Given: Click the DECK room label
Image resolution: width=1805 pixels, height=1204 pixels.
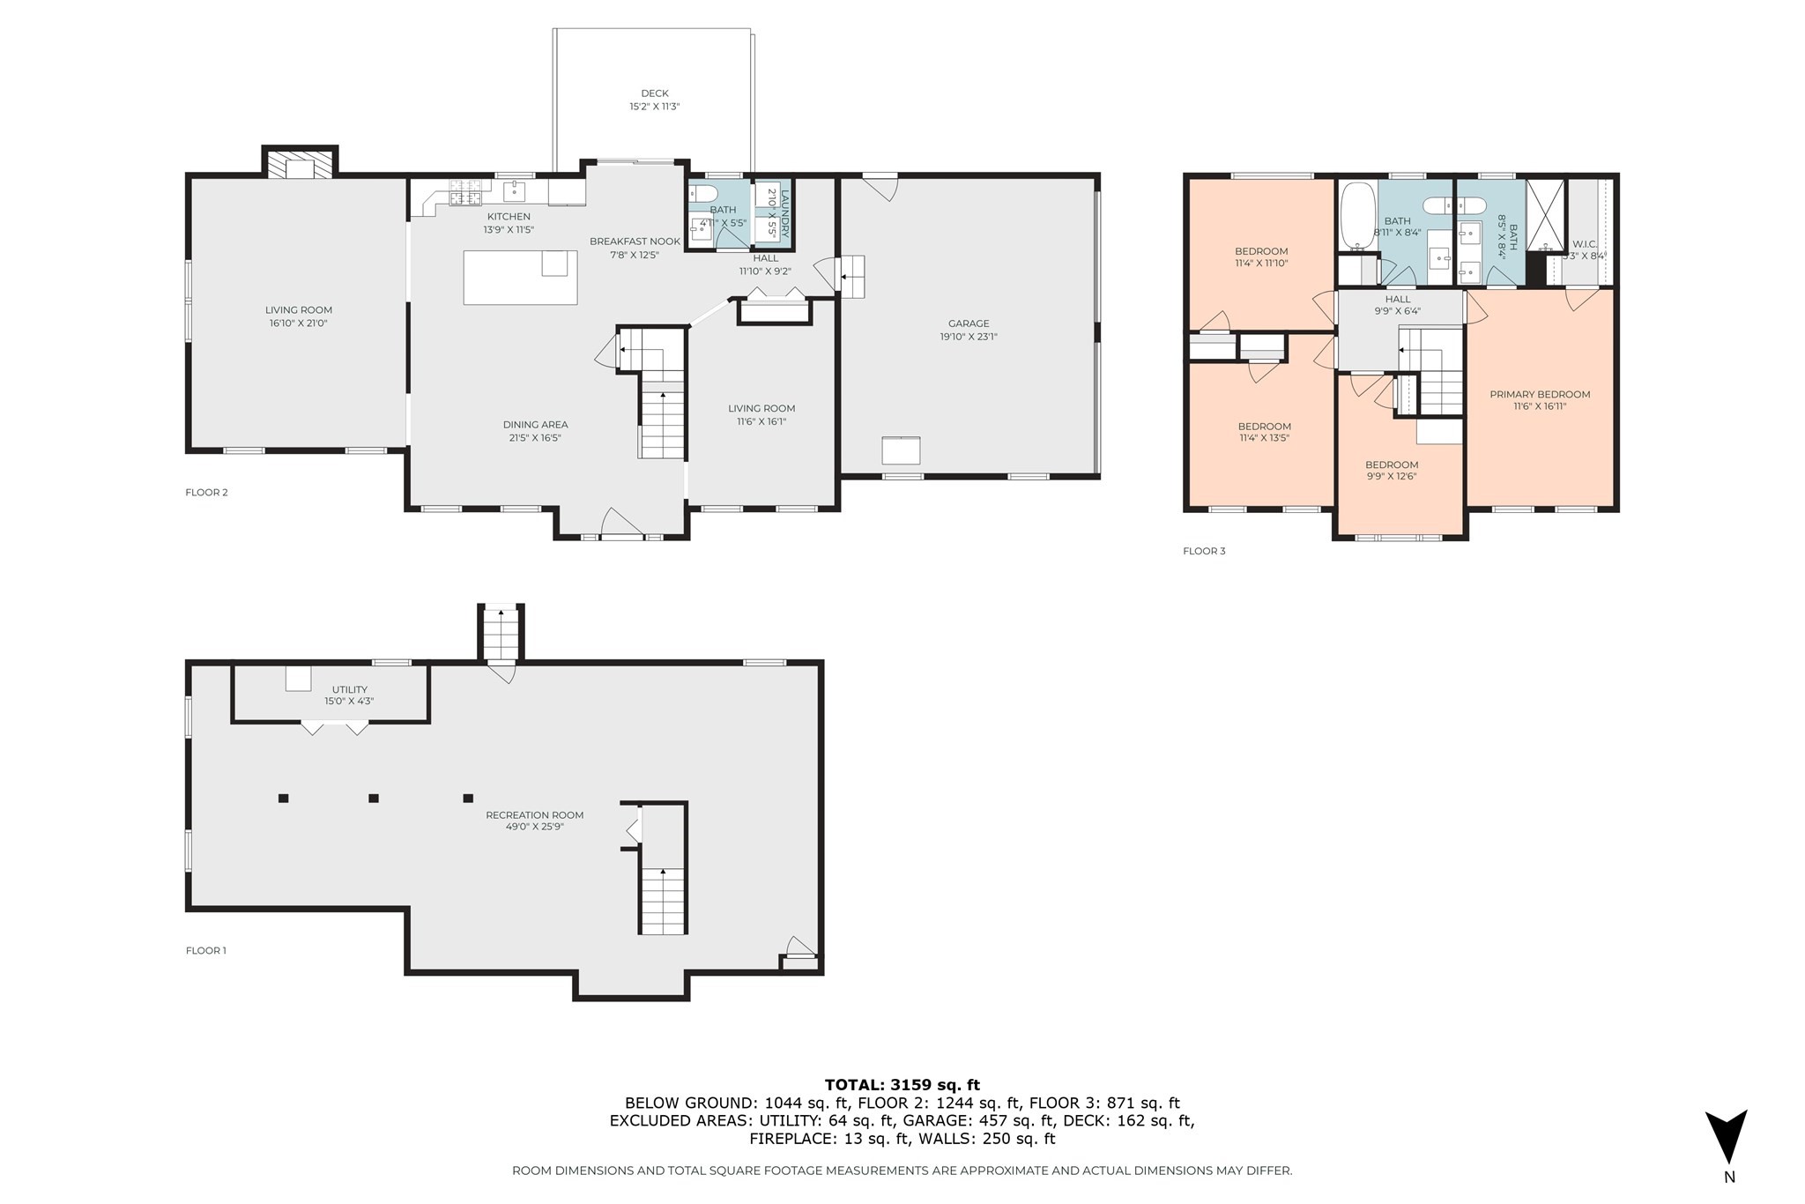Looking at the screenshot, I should (654, 93).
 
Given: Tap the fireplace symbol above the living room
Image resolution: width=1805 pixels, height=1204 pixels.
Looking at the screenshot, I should (301, 166).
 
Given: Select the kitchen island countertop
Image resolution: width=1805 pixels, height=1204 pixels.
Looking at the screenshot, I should (520, 278).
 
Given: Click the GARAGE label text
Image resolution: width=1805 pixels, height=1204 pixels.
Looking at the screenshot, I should (969, 323).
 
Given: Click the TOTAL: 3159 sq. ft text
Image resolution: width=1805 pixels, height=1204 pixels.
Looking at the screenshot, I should (902, 1085).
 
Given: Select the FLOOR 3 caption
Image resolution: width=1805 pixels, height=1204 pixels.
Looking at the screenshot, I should (1204, 551).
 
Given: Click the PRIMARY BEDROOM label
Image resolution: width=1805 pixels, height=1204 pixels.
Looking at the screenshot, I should (1540, 394).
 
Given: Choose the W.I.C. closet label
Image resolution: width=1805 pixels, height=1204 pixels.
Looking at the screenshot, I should (1584, 244).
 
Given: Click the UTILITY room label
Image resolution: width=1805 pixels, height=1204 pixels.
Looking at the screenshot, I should (350, 689).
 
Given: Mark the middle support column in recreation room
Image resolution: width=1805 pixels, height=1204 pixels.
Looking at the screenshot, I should (374, 799).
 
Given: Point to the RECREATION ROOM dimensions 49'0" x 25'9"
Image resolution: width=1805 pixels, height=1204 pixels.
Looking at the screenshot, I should (534, 827).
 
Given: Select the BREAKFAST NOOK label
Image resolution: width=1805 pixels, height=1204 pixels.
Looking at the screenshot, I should (635, 242).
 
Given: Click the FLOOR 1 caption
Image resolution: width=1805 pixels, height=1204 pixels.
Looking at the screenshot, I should (206, 950).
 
